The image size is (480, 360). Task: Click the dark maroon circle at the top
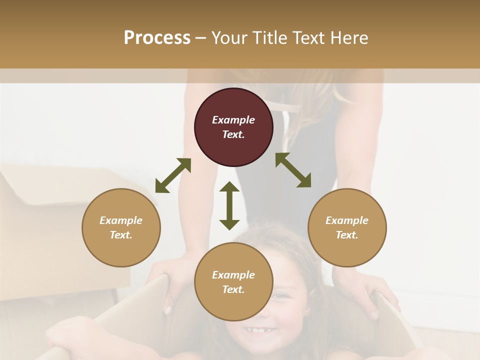coord(233,127)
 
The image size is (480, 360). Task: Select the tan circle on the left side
coord(121,227)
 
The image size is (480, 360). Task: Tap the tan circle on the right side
coord(347,227)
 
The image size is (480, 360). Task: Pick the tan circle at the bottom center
coord(233,282)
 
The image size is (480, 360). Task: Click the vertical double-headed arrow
coord(229,205)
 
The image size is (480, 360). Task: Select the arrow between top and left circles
coord(173,175)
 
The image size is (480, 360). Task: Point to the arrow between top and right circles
coord(293,170)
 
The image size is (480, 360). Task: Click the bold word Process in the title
coord(157,37)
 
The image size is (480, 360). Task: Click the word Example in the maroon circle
coord(233,120)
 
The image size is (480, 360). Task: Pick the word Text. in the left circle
coord(121,235)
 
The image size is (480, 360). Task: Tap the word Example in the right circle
coord(347,220)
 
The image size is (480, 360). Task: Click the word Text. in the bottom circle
coord(233,289)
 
